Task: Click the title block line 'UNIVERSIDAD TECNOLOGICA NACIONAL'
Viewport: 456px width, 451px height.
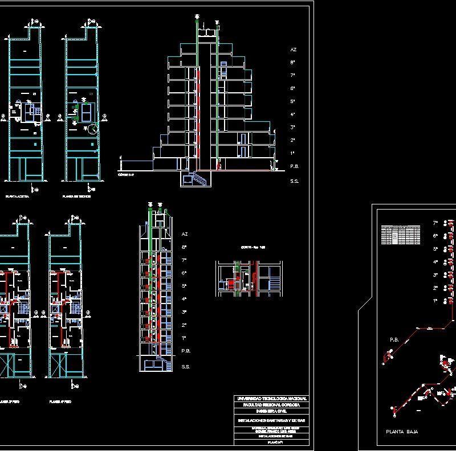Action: pos(271,398)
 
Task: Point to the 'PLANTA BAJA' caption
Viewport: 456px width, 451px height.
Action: pos(402,432)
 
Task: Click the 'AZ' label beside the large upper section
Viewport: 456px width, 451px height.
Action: pos(294,50)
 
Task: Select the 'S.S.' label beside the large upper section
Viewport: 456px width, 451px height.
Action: pos(294,181)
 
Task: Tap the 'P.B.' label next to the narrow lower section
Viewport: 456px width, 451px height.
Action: pos(185,351)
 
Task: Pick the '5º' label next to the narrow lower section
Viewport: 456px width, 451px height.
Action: pos(184,286)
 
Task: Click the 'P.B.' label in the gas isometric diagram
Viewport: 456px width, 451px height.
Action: pos(394,339)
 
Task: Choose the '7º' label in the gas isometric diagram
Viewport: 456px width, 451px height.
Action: pos(435,223)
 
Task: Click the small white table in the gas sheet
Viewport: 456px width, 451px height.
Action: pos(400,234)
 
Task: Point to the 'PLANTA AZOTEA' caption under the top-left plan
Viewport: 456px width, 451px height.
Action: pos(17,196)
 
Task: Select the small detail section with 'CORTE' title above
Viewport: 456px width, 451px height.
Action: pos(249,278)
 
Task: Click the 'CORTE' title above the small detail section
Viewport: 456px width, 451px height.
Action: pos(249,248)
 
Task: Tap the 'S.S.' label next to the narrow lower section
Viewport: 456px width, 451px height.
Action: pos(185,367)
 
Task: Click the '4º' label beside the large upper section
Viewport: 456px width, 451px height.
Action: pos(292,114)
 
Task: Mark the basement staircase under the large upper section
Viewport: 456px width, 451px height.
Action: pos(197,180)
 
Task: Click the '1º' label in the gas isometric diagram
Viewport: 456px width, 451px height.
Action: pos(435,300)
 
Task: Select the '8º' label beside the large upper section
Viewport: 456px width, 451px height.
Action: pos(292,63)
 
